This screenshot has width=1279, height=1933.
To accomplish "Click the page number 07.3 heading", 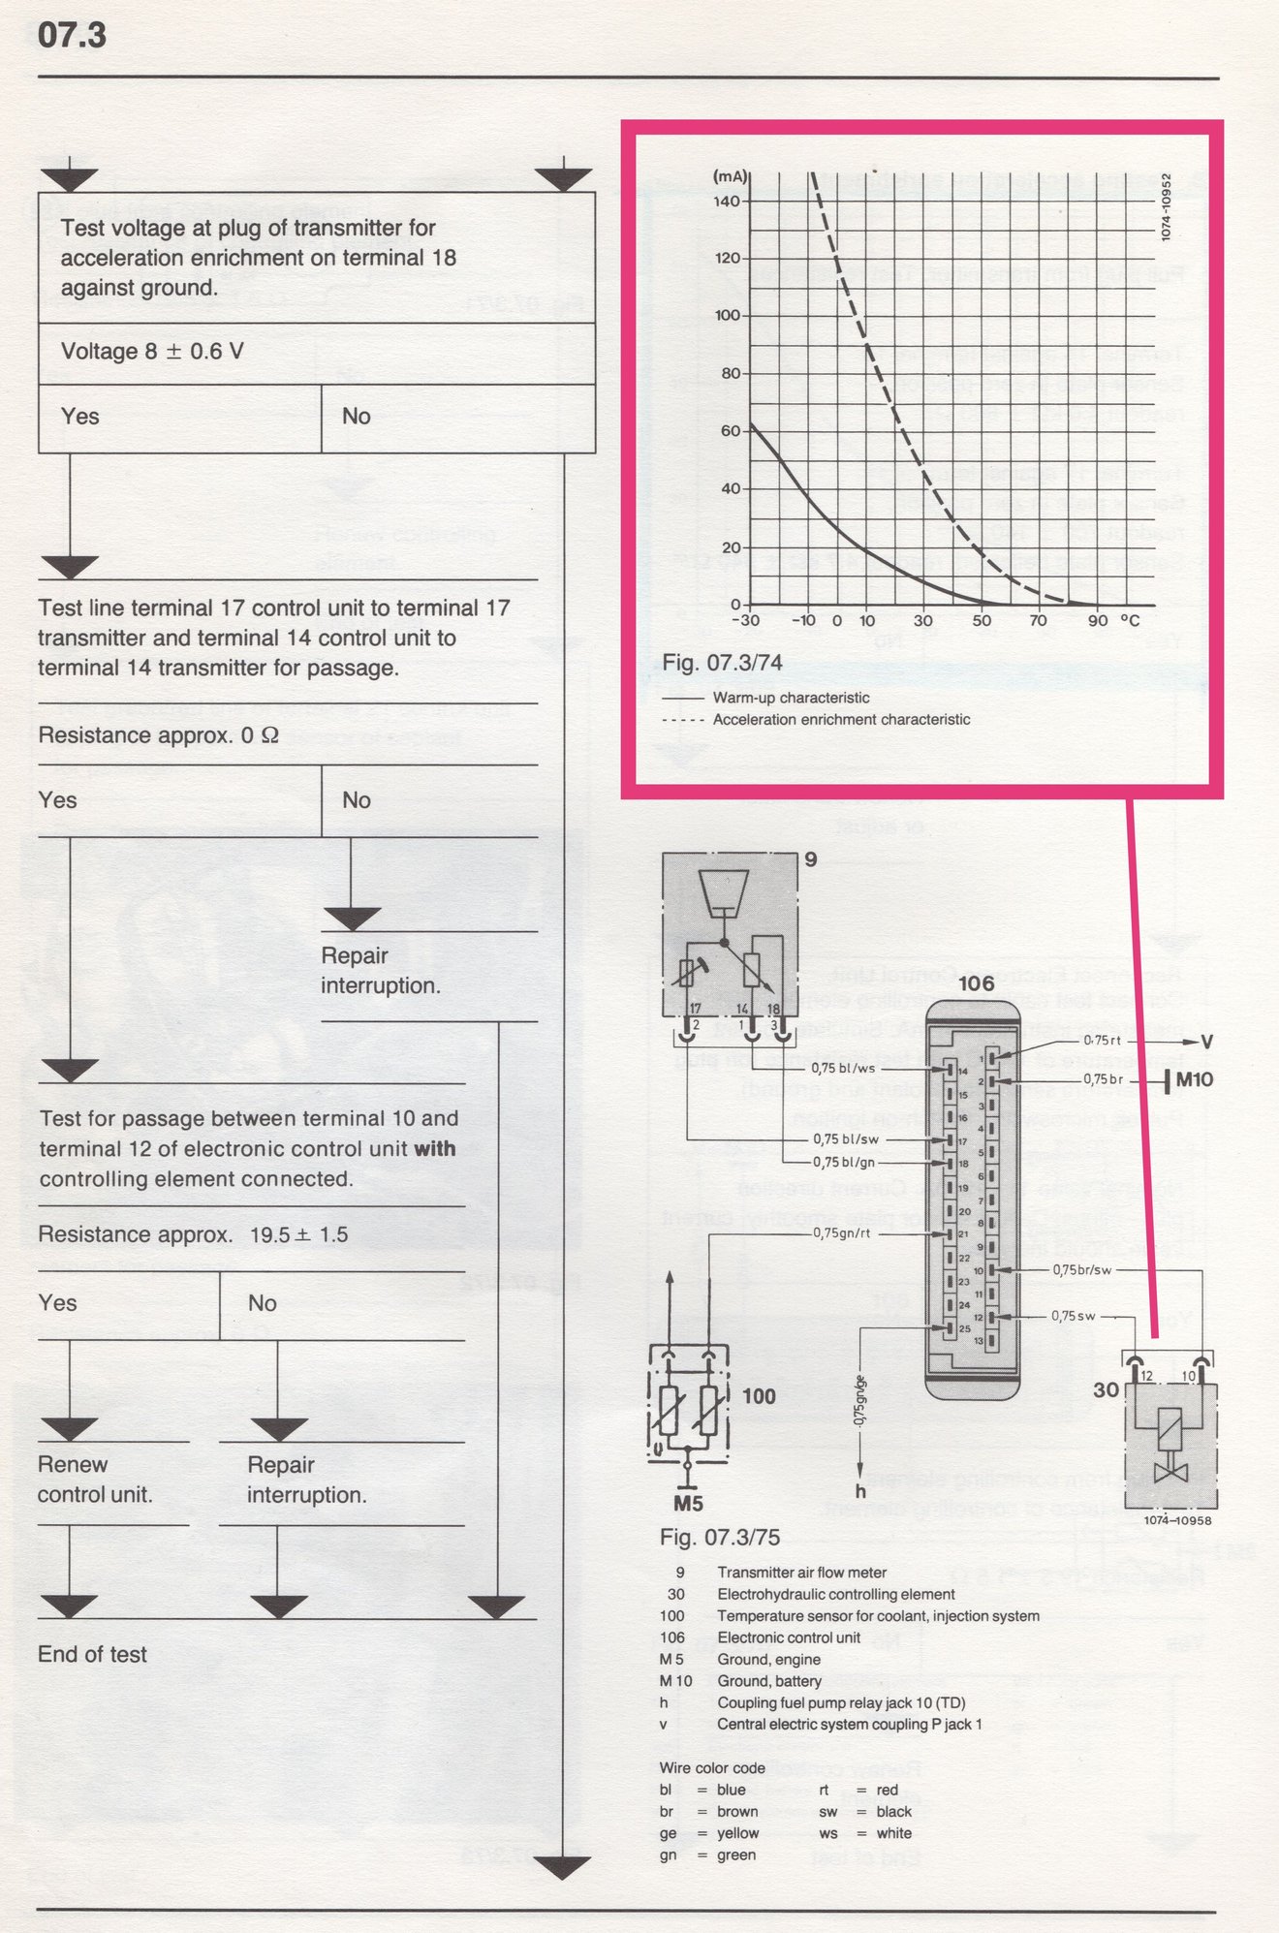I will coord(72,36).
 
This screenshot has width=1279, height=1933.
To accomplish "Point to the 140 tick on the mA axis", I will coord(727,202).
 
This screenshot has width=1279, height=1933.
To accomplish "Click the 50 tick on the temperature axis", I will coord(981,620).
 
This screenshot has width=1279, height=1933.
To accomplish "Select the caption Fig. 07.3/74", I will coord(722,663).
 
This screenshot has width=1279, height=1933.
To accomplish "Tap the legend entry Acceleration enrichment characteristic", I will coord(840,720).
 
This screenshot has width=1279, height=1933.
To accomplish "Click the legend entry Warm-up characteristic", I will coord(791,698).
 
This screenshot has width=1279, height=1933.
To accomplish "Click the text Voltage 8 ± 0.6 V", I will coord(152,352).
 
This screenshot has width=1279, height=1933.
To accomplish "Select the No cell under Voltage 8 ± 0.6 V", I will coord(357,417).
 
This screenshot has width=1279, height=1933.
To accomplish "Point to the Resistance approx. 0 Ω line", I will coord(158,735).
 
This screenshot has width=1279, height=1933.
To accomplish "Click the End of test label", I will coord(92,1654).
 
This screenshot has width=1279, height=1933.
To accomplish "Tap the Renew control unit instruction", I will coord(95,1479).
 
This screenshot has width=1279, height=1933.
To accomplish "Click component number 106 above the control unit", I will coord(976,983).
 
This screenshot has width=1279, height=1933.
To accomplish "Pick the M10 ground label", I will coord(1194,1079).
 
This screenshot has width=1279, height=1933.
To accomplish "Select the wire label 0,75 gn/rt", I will coord(840,1234).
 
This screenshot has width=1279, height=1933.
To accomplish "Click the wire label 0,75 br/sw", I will coord(1081,1269).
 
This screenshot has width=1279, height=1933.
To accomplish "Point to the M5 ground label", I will coord(687,1505).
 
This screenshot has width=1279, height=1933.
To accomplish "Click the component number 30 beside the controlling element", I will coord(1106,1390).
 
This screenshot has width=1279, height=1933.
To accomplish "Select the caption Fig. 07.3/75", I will coord(719,1538).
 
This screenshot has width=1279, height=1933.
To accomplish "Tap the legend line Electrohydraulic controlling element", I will coord(835,1594).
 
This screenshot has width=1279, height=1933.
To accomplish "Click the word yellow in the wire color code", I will coord(737,1833).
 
